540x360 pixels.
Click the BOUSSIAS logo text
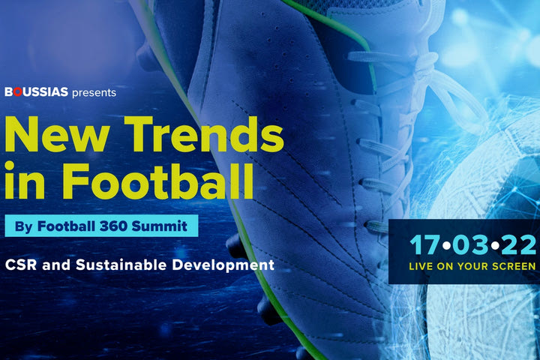[x=36, y=93]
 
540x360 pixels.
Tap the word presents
[x=94, y=93]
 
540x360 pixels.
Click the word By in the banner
[x=23, y=225]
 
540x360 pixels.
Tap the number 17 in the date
[x=420, y=244]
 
